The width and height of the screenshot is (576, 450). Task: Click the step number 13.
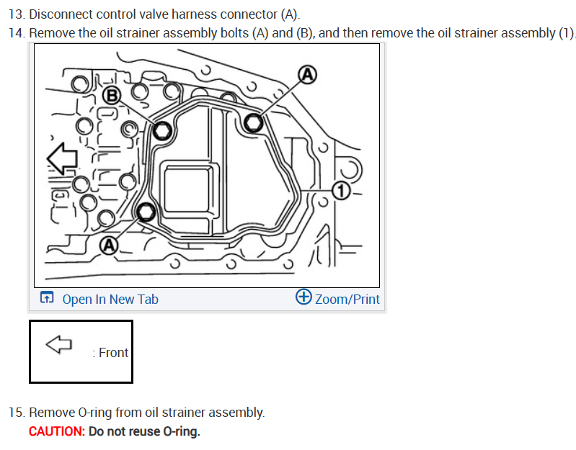(x=15, y=14)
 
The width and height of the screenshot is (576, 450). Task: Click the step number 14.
(x=15, y=33)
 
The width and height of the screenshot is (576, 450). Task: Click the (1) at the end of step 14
(x=567, y=33)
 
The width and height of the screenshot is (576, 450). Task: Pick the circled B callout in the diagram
(x=112, y=94)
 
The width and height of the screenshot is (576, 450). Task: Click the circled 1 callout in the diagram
(x=342, y=190)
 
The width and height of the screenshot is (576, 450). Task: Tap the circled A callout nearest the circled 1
(x=308, y=74)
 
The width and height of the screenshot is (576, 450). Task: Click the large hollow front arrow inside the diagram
(x=63, y=158)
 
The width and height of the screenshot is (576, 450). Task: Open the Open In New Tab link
(x=110, y=299)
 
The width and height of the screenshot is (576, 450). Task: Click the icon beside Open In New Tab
(x=47, y=299)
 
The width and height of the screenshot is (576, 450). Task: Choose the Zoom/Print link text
(x=347, y=299)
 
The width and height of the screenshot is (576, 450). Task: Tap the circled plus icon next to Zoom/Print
(x=304, y=298)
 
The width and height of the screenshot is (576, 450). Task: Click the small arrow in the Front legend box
(x=59, y=345)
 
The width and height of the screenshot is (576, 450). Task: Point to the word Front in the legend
(x=113, y=353)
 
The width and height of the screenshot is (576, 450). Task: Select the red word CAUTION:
(x=56, y=432)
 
